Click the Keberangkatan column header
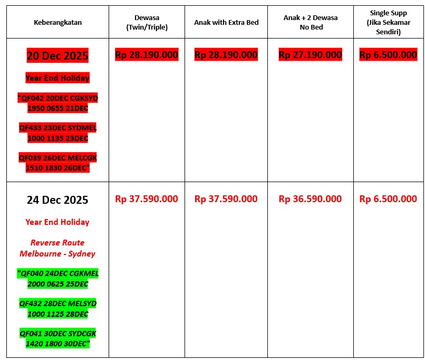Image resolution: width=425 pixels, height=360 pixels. pyautogui.click(x=57, y=22)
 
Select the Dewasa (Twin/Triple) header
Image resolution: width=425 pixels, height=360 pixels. pyautogui.click(x=147, y=22)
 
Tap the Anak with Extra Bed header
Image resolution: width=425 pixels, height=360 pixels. pyautogui.click(x=226, y=22)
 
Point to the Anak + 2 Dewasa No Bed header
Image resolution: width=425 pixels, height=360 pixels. pyautogui.click(x=310, y=22)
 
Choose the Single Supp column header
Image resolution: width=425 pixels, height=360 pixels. pyautogui.click(x=388, y=22)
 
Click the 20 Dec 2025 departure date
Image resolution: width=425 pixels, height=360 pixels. pyautogui.click(x=57, y=55)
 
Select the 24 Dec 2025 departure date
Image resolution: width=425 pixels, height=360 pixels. pyautogui.click(x=57, y=200)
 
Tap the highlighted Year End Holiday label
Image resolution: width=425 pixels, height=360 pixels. pyautogui.click(x=57, y=78)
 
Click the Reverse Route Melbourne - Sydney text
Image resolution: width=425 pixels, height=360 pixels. pyautogui.click(x=57, y=248)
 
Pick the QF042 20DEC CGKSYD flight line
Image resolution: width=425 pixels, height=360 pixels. pyautogui.click(x=57, y=103)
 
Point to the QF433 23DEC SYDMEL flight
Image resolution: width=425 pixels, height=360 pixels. pyautogui.click(x=57, y=133)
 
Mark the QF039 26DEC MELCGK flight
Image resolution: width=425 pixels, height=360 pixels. pyautogui.click(x=57, y=163)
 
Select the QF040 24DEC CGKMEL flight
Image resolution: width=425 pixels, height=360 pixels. pyautogui.click(x=57, y=279)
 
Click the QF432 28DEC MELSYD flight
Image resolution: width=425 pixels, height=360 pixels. pyautogui.click(x=57, y=309)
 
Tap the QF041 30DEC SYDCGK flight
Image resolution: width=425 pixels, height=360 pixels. pyautogui.click(x=57, y=338)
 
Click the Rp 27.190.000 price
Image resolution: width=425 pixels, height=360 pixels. pyautogui.click(x=310, y=54)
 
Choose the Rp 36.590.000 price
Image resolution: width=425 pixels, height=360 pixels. pyautogui.click(x=310, y=199)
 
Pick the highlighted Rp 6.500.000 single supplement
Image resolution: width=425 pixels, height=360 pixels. pyautogui.click(x=388, y=54)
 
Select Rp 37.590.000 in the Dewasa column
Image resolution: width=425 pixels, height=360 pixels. pyautogui.click(x=147, y=199)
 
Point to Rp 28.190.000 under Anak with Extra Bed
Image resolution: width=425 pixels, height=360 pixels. pyautogui.click(x=226, y=54)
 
